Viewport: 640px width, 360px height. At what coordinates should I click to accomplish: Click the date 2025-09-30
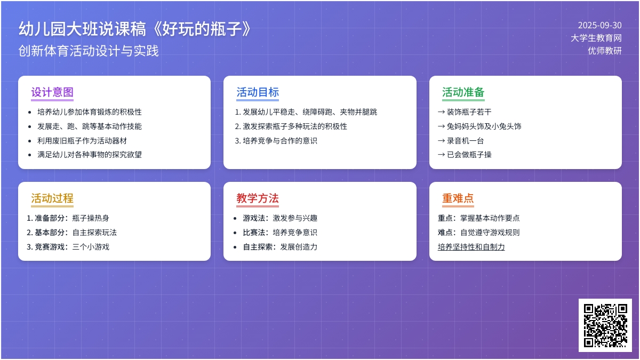point(599,26)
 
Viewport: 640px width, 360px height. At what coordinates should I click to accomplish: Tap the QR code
point(605,325)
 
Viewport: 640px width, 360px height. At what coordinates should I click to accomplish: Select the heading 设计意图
point(52,92)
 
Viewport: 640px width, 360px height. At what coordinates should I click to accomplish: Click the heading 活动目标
point(258,92)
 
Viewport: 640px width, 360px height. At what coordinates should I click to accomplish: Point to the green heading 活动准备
point(463,92)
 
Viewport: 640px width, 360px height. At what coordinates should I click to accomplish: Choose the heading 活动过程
point(52,198)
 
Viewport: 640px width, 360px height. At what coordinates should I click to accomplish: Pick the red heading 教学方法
point(258,198)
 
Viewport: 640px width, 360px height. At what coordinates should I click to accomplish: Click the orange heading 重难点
point(458,198)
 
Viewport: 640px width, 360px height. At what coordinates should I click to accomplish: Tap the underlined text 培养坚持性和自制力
point(471,247)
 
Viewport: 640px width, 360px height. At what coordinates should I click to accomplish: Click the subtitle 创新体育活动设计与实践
point(89,51)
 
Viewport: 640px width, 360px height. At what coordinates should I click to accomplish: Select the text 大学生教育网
point(596,38)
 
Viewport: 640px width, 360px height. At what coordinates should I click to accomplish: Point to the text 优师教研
point(605,51)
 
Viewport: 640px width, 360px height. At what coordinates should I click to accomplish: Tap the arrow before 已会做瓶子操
point(442,155)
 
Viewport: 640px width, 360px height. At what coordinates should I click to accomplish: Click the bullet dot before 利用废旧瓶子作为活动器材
point(30,141)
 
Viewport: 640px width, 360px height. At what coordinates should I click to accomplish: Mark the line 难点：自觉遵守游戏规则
point(478,233)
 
